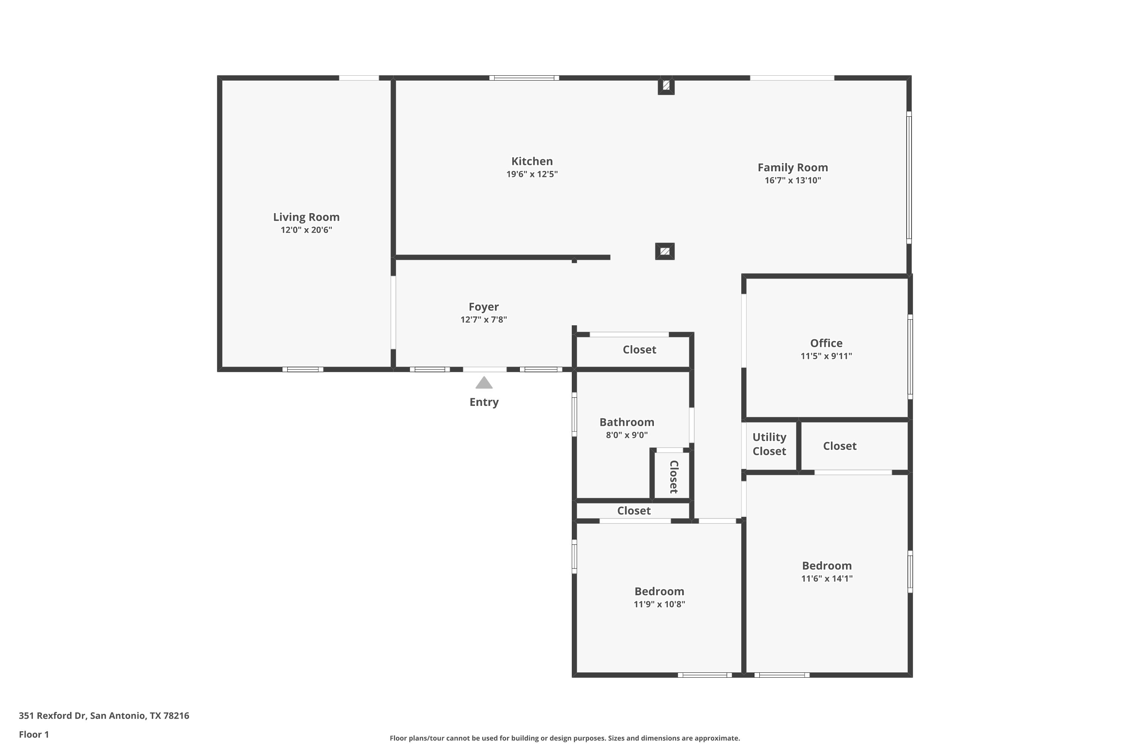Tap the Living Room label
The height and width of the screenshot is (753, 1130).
coord(307,217)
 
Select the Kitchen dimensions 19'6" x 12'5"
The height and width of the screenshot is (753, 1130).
coord(532,174)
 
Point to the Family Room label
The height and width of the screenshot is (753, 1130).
coord(793,168)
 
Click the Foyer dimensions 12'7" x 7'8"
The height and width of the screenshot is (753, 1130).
coord(484,320)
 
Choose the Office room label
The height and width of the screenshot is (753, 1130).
coord(826,343)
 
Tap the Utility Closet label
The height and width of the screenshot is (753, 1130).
coord(769,444)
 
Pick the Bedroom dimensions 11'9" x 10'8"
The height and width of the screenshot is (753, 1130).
coord(659,604)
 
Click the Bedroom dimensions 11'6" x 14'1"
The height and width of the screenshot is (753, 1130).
coord(827,579)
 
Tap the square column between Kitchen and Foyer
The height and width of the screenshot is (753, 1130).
coord(665,251)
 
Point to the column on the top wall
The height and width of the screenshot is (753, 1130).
coord(666,86)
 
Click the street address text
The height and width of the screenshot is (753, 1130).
coord(104,716)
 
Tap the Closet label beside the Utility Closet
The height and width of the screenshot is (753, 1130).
coord(840,446)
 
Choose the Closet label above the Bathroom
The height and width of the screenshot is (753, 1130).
coord(640,350)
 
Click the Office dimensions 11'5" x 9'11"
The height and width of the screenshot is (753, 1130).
coord(826,356)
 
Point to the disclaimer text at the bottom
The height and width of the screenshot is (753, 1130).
coord(565,738)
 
